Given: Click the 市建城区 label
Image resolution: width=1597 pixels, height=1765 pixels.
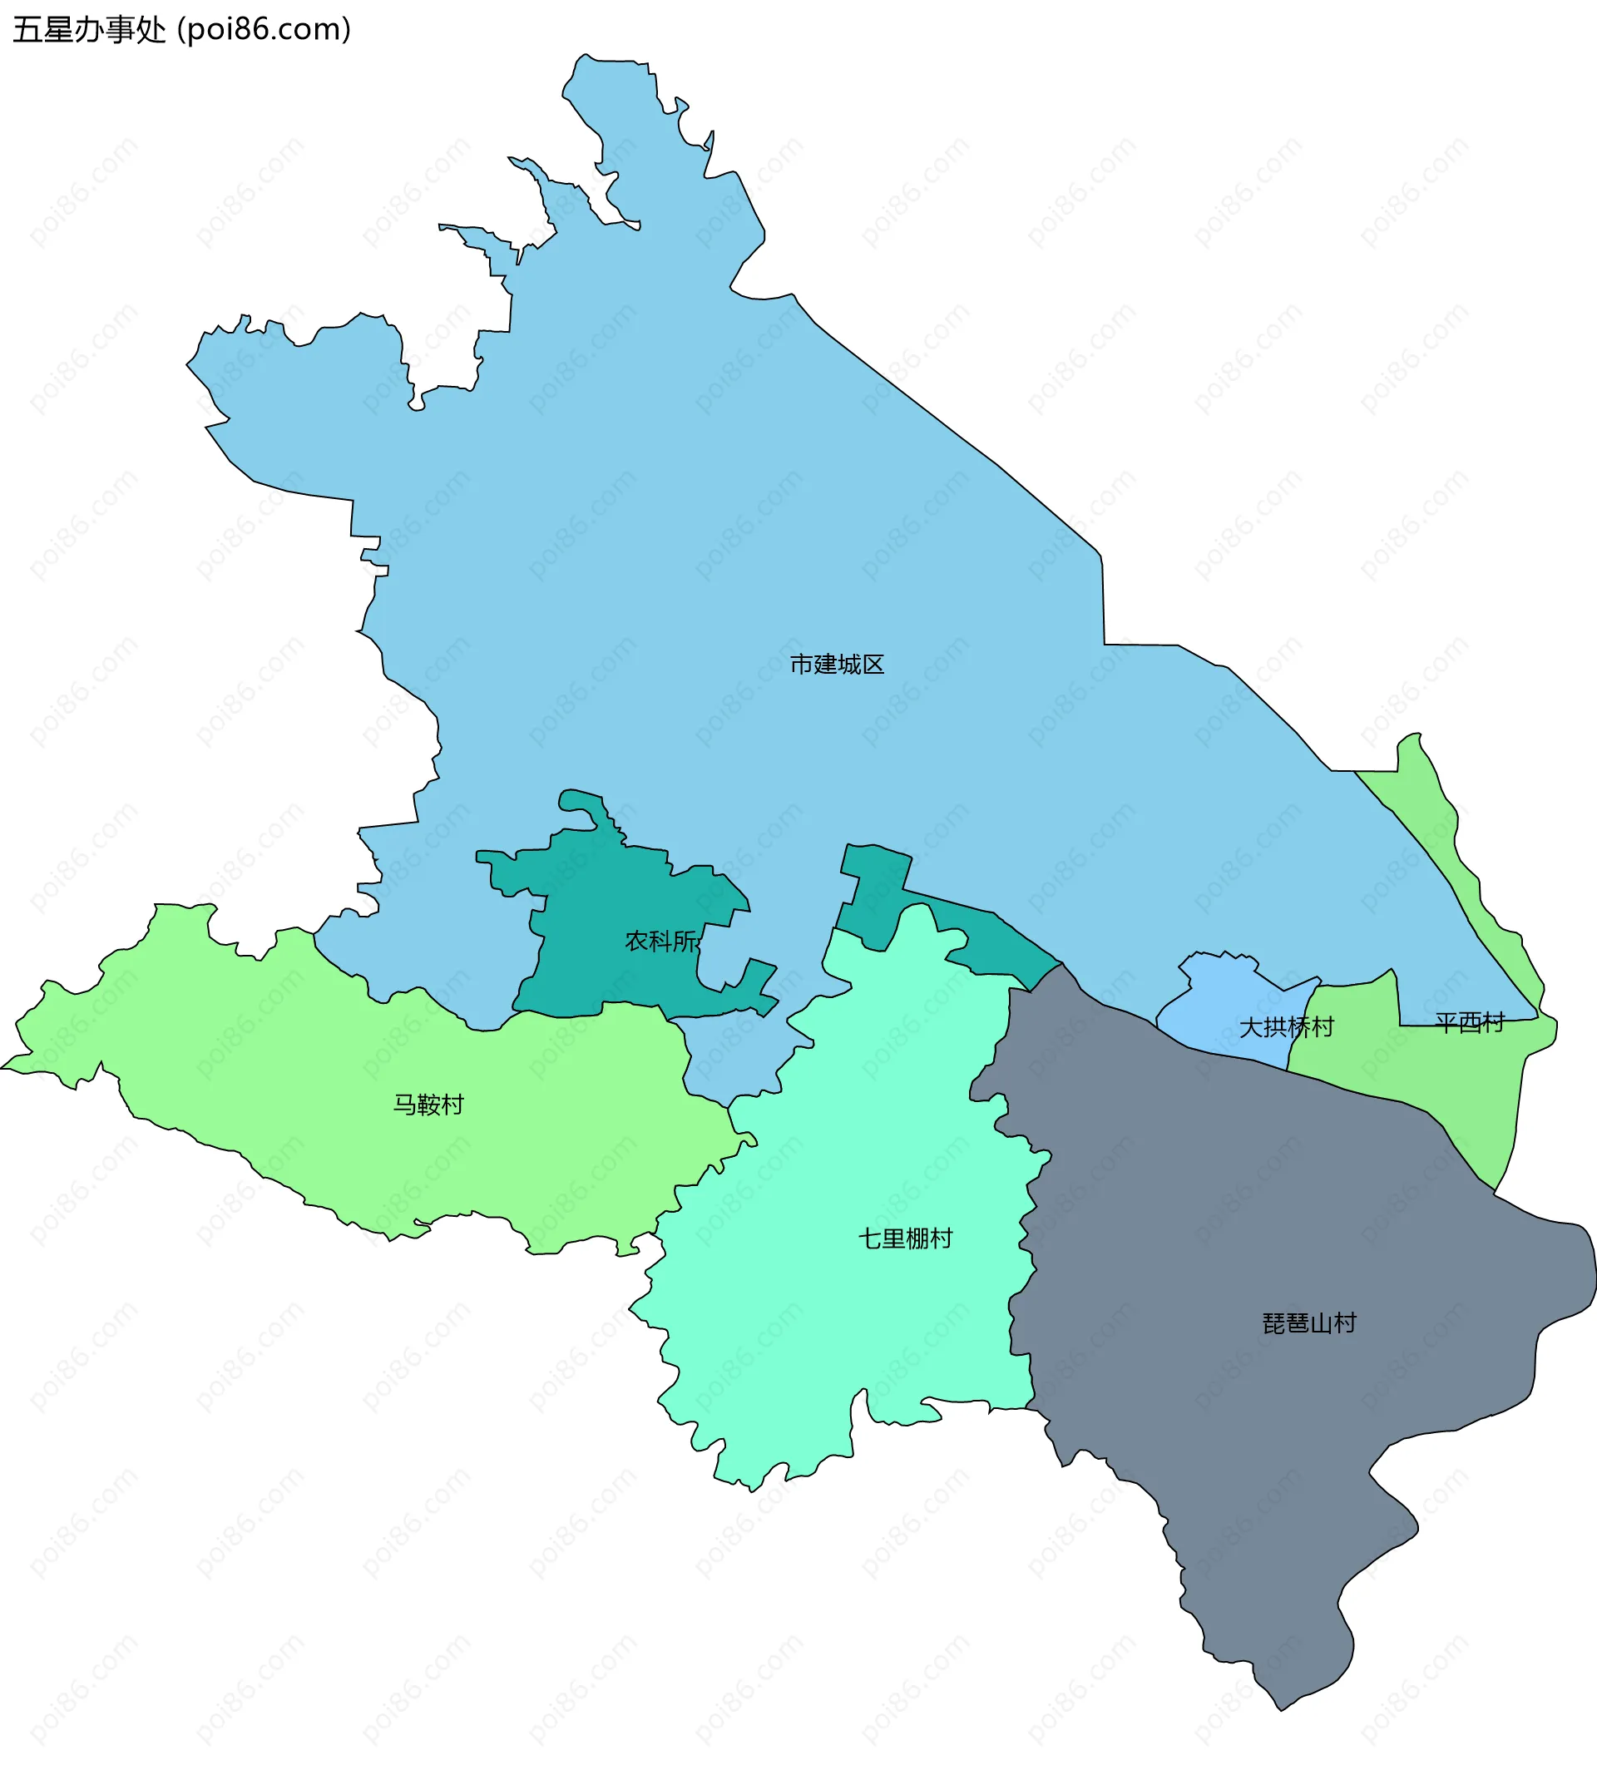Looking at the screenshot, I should (836, 665).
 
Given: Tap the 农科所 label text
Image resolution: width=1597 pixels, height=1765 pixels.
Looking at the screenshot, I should (662, 942).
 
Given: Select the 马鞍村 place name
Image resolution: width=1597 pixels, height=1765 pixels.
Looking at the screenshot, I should (428, 1105).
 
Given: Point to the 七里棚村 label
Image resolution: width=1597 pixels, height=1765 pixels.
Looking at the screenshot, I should (905, 1238).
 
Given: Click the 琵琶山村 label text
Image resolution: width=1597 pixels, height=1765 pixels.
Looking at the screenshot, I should (1309, 1323).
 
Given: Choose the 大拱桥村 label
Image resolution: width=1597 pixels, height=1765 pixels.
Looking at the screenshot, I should (1285, 1027).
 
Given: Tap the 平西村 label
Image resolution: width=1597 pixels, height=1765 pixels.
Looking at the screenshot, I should (1470, 1021).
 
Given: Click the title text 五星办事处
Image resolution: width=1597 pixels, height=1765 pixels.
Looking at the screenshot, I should (88, 30).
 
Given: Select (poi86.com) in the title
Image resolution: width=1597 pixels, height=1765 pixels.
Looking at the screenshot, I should (264, 30).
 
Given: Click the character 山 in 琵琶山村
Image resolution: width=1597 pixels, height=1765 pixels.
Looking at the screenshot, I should (1321, 1323).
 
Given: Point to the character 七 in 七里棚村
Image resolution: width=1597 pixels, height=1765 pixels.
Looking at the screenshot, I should (870, 1238).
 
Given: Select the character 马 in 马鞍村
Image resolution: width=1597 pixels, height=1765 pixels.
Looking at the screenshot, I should (404, 1105).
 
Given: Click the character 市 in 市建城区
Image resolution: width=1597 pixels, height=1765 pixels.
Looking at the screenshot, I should (801, 665).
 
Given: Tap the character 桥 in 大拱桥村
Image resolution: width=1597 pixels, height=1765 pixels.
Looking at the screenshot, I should (1298, 1027).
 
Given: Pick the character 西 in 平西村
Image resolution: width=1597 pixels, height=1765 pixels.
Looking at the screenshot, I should (1470, 1021).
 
